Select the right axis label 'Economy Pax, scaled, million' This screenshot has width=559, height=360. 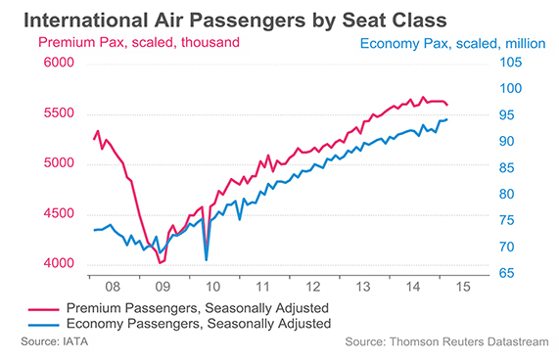[x=453, y=44]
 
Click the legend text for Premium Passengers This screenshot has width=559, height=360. [x=196, y=307]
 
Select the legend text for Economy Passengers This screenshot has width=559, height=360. [x=197, y=324]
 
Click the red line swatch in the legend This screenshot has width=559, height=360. [x=37, y=308]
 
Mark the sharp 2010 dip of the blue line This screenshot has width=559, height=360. [x=207, y=259]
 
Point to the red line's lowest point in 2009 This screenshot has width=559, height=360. [x=161, y=262]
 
